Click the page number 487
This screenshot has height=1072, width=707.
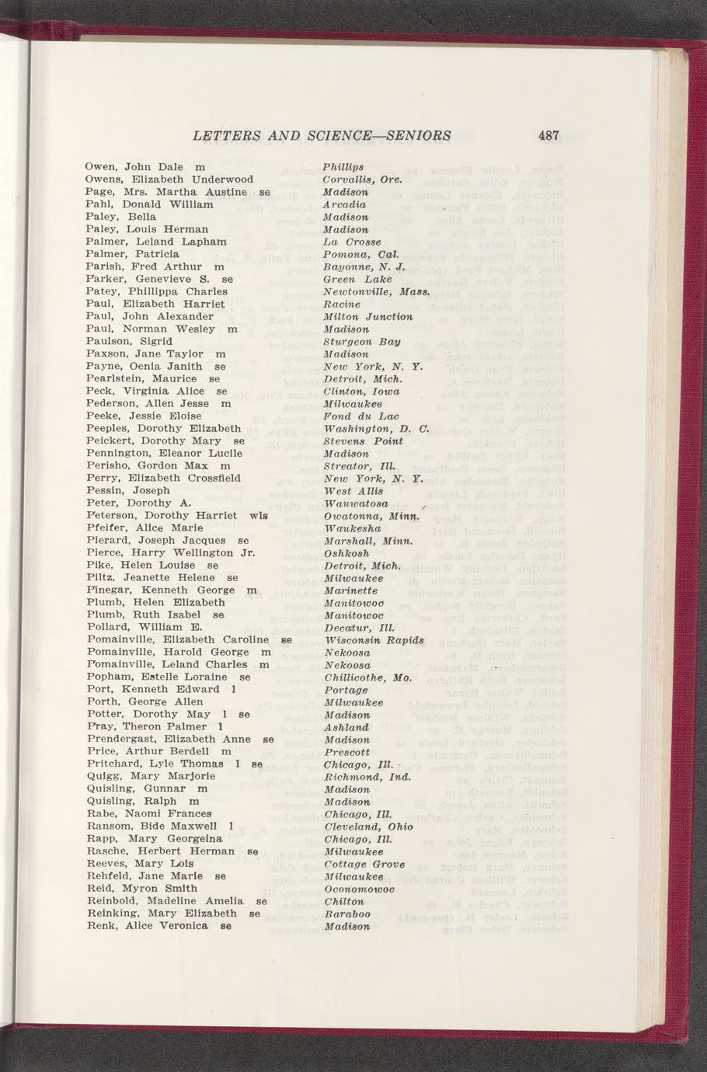pos(549,135)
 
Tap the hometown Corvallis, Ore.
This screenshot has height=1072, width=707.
pos(361,179)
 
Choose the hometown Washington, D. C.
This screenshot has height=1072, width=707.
pos(376,428)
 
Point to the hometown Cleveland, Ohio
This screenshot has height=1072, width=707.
pos(363,827)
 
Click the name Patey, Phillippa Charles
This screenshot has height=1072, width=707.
pos(156,291)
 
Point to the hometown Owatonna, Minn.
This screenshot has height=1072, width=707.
pos(371,515)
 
